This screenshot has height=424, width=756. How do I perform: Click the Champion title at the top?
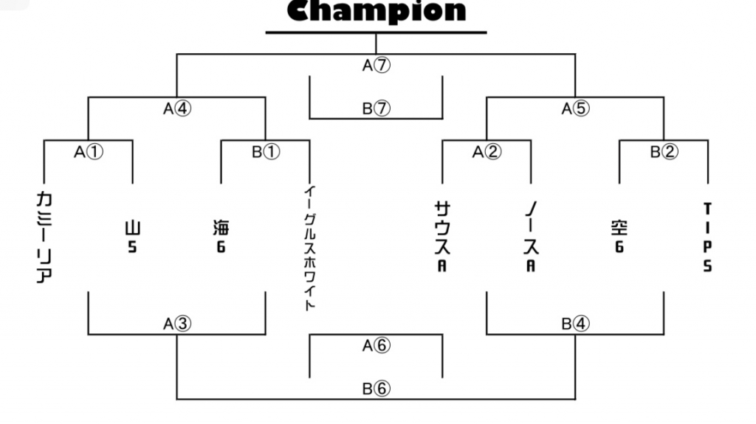coord(377,11)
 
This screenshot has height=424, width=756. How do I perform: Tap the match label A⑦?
coord(376,65)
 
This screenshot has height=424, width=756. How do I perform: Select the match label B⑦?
coord(376,108)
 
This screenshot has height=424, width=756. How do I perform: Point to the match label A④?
coord(177,108)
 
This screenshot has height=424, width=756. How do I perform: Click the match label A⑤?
coord(575,108)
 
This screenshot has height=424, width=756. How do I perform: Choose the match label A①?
coord(89,152)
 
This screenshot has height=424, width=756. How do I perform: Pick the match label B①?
coord(266,152)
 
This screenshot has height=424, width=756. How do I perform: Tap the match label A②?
coord(487,152)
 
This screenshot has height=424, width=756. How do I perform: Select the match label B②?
coord(664,152)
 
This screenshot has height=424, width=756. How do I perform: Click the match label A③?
coord(177,324)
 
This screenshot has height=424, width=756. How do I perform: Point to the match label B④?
coord(575,324)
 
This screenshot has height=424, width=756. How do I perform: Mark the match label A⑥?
coord(376,345)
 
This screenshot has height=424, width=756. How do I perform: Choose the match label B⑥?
coord(376,389)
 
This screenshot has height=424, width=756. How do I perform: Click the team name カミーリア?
coord(44,237)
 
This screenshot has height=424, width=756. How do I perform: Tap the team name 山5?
coord(133,237)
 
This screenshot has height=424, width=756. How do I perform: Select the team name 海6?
coord(221,236)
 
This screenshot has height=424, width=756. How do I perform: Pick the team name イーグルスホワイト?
coord(310,249)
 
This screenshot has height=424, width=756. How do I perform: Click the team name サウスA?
coord(443,237)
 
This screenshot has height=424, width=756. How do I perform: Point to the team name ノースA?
coord(531,237)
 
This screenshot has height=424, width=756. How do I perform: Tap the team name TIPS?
coord(708,237)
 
